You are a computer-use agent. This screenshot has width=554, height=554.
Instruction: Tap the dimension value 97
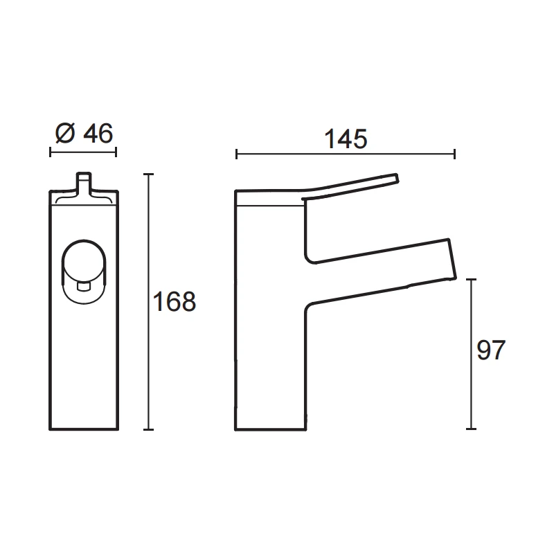[492, 350]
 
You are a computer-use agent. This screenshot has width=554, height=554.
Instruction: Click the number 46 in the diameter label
[97, 133]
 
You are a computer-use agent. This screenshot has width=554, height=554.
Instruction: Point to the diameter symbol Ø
[64, 133]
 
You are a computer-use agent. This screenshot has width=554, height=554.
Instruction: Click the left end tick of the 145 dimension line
[236, 154]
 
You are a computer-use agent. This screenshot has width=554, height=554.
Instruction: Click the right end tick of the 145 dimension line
[454, 154]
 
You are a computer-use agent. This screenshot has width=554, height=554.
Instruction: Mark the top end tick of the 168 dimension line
[148, 175]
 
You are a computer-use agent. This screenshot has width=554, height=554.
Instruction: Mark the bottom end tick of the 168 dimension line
[148, 429]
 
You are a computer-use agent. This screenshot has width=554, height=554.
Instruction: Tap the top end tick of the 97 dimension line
[471, 280]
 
